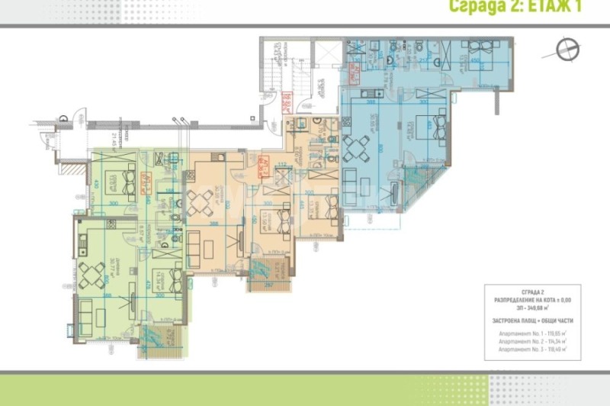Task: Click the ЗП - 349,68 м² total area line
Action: click(x=531, y=308)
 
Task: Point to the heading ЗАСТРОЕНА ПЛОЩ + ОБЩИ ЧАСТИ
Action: click(x=531, y=321)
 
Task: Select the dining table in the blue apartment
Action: click(x=357, y=145)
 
